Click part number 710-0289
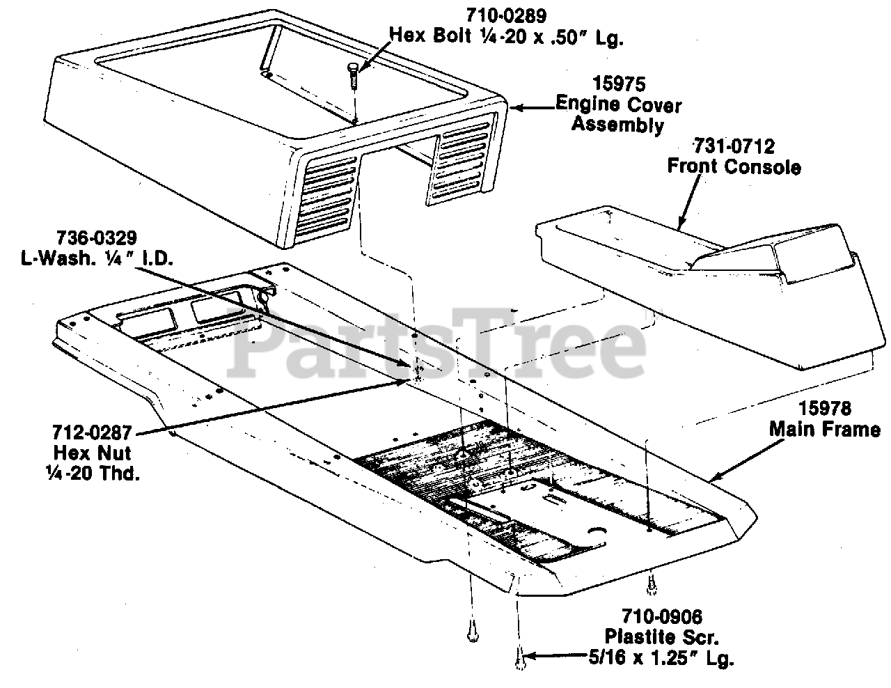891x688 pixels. [505, 14]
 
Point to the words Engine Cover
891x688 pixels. [618, 106]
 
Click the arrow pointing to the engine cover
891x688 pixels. [532, 108]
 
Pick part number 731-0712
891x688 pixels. [734, 146]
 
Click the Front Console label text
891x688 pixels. [734, 167]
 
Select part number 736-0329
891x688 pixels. [97, 236]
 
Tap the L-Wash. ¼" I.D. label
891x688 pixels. [97, 257]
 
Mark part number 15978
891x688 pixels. [825, 408]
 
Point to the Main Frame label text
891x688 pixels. [825, 429]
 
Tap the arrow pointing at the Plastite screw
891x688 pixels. [557, 655]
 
